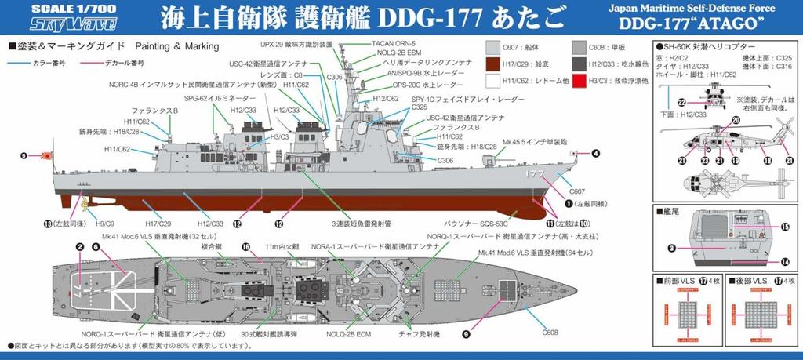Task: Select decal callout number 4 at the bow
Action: pyautogui.click(x=596, y=154)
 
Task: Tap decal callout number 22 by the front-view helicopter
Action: pyautogui.click(x=681, y=102)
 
